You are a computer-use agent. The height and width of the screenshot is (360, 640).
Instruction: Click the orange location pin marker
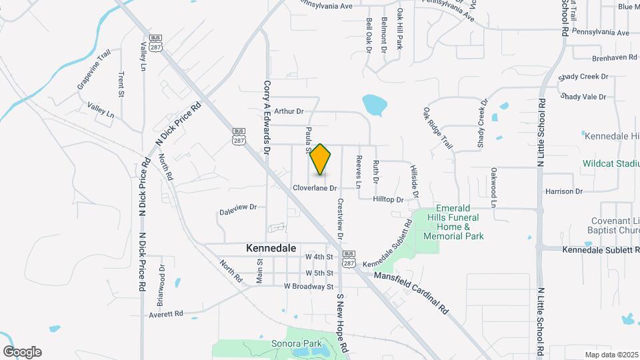(x=321, y=159)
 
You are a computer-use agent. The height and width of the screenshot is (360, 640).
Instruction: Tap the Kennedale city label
(x=271, y=247)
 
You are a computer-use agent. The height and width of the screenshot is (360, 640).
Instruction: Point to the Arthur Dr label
(x=289, y=111)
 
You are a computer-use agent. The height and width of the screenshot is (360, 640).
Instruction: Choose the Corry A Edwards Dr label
(x=266, y=119)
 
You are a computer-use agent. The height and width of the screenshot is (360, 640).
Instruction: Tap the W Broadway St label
(x=308, y=286)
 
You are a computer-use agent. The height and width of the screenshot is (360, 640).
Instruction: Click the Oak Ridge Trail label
(x=437, y=129)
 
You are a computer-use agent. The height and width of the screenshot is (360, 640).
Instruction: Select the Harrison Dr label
(x=564, y=191)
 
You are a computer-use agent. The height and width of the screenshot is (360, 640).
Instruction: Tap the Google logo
(x=22, y=352)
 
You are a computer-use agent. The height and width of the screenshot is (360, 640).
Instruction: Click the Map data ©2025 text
(x=611, y=355)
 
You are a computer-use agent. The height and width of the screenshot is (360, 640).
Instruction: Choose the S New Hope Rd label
(x=342, y=323)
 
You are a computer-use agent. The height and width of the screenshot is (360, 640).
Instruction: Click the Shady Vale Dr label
(x=583, y=97)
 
